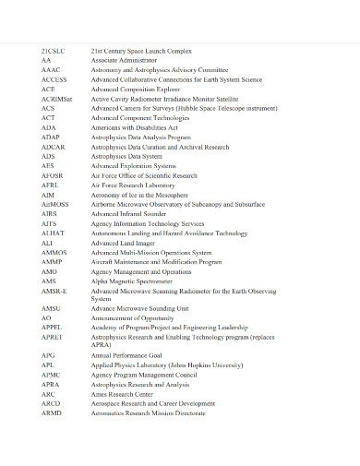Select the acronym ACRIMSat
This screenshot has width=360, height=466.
point(56,99)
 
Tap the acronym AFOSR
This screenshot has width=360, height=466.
point(53,175)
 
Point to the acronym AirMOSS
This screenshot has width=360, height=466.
point(55,204)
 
